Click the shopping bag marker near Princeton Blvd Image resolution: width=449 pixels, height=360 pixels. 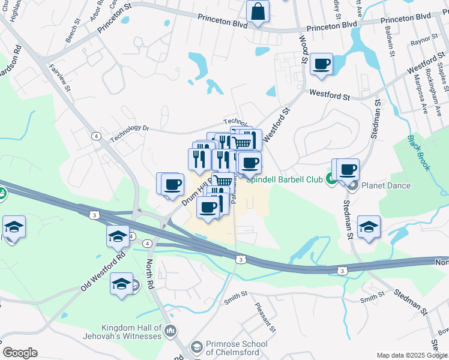(x=258, y=11)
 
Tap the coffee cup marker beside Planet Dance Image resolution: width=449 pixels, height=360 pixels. (x=348, y=170)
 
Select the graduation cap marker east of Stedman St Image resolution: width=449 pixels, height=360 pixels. (x=369, y=227)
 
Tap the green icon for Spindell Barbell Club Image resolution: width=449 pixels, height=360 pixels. (x=330, y=178)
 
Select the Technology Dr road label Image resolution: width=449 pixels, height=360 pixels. (x=128, y=128)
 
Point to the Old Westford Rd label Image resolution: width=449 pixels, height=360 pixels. (x=103, y=272)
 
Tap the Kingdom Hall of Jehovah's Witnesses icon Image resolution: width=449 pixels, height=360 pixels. (x=170, y=331)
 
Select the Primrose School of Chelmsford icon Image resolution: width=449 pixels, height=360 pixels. (x=196, y=346)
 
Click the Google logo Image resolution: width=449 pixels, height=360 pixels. (x=20, y=353)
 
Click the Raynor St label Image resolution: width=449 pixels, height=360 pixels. (x=421, y=43)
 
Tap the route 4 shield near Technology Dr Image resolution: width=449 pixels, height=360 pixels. (x=96, y=136)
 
